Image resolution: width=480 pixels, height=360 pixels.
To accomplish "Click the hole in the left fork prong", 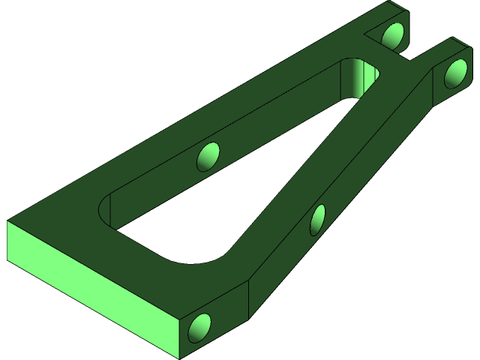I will click(x=393, y=34).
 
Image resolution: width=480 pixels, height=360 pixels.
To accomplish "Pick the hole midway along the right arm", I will click(x=319, y=218).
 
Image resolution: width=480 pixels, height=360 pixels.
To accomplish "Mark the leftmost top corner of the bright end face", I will click(x=7, y=223).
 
